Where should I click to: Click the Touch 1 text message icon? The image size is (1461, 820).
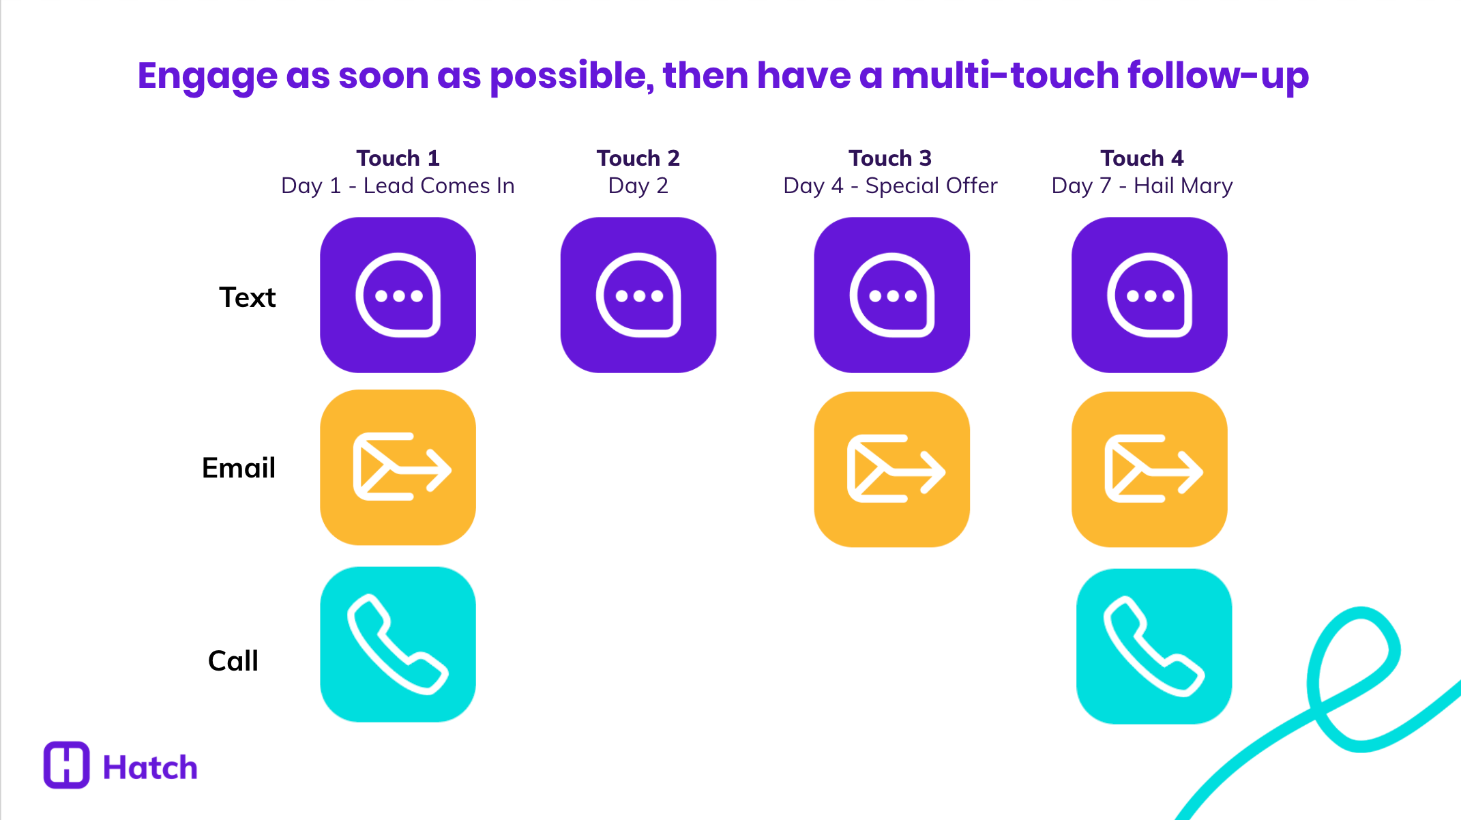tap(398, 295)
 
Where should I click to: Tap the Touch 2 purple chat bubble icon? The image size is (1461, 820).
tap(638, 295)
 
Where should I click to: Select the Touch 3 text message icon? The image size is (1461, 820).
tap(891, 295)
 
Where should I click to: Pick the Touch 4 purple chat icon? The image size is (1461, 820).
tap(1149, 295)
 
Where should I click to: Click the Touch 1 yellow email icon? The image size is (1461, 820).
tap(398, 467)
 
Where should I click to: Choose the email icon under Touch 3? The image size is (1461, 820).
tap(891, 469)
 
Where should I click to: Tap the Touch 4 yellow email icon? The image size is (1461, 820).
tap(1149, 469)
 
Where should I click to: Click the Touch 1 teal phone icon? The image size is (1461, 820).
tap(398, 644)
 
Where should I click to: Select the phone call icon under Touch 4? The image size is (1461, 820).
tap(1153, 646)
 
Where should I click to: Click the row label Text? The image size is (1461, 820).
tap(247, 297)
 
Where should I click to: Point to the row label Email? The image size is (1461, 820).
tap(239, 468)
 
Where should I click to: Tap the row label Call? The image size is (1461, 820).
tap(233, 660)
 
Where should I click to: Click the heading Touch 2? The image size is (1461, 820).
tap(638, 158)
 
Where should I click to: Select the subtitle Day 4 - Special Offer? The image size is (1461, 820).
tap(890, 186)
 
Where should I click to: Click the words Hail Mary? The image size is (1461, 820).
tap(1183, 186)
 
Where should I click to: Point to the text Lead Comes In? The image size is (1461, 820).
tap(439, 186)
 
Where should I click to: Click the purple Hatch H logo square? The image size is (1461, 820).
tap(66, 765)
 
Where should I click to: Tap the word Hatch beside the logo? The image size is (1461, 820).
tap(150, 767)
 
